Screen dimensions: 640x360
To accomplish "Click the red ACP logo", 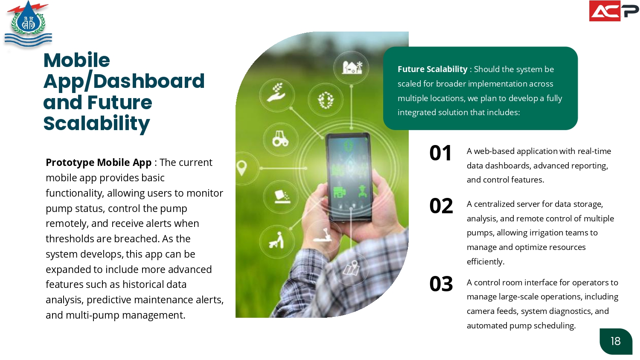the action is [x=614, y=11].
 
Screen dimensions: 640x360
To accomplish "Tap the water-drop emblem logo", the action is [x=28, y=24].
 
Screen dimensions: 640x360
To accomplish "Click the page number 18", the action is [x=615, y=341].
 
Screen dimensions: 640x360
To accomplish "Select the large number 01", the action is [x=440, y=153].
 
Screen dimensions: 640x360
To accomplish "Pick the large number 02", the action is [x=441, y=206].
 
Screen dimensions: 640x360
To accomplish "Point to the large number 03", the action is [x=441, y=284].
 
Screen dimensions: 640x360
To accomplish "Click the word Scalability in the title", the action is [x=96, y=124].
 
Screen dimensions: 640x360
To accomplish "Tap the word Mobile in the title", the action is [x=76, y=60].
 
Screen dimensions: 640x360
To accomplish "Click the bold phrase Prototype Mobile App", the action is [x=99, y=162].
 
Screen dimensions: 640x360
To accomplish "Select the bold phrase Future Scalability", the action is [x=432, y=69].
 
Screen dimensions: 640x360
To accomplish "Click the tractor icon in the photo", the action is [x=280, y=139].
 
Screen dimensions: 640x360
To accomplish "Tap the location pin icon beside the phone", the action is [x=242, y=168].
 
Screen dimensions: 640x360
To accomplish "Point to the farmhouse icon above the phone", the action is [x=352, y=68].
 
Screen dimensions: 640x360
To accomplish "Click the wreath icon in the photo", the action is [x=326, y=100].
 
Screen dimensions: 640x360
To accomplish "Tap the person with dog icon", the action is [x=276, y=240].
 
